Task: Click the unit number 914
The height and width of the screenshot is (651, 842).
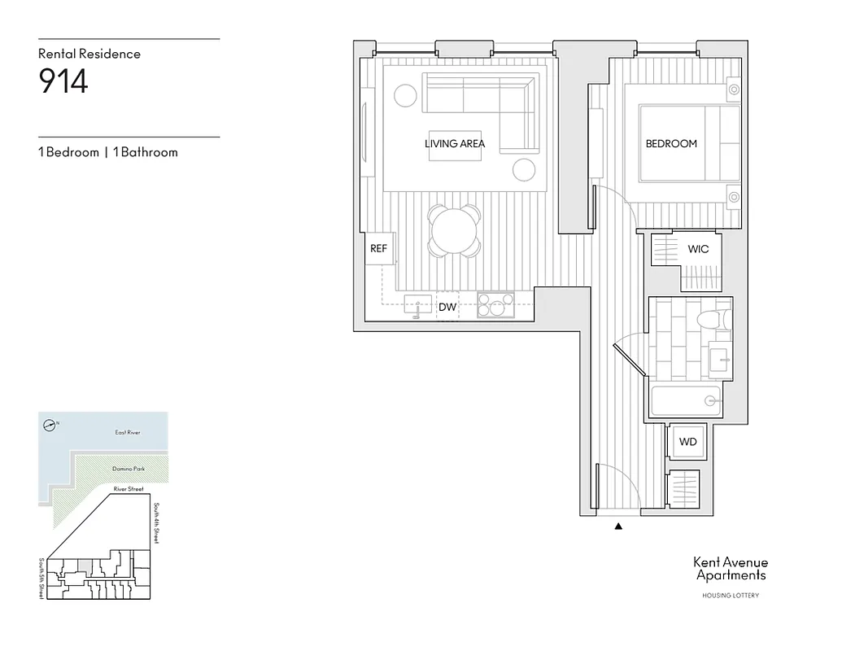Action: (x=63, y=82)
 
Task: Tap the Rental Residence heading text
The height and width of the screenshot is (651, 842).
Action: (x=89, y=54)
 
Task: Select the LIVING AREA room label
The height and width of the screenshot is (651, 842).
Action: (x=455, y=144)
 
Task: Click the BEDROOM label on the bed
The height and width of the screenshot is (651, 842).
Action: (x=671, y=144)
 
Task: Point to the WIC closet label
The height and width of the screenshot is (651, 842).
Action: (x=698, y=249)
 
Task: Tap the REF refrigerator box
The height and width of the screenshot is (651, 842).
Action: (x=379, y=249)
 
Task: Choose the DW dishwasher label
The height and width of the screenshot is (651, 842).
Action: (x=447, y=308)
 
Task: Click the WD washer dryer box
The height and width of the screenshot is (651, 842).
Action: (x=688, y=443)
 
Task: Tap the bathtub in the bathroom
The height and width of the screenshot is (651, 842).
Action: (x=685, y=401)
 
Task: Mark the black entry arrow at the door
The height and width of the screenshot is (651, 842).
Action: (x=619, y=526)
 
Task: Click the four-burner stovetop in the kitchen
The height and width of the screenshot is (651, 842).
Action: (x=495, y=306)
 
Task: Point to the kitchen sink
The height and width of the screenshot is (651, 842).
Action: (x=419, y=306)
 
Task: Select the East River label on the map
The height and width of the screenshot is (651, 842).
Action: (x=128, y=433)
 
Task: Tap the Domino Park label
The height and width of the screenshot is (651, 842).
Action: (x=127, y=470)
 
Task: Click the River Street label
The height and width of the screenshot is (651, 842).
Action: (x=129, y=489)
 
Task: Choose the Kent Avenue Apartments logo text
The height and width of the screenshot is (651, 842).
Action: (x=730, y=568)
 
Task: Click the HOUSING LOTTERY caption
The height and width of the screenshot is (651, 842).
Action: (x=730, y=596)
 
